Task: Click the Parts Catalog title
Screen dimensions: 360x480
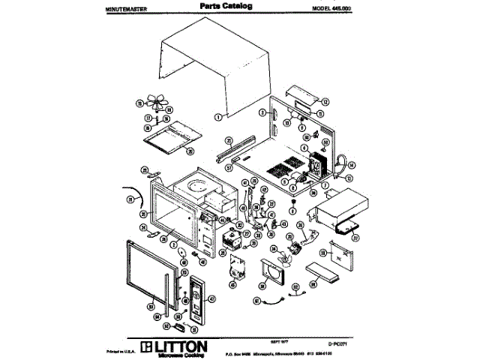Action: pyautogui.click(x=226, y=6)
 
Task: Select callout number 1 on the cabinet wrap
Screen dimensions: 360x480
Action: pyautogui.click(x=217, y=116)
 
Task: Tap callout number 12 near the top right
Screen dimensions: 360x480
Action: pyautogui.click(x=326, y=100)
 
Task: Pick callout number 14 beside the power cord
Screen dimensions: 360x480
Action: pyautogui.click(x=351, y=164)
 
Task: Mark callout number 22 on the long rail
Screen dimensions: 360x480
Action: pyautogui.click(x=229, y=139)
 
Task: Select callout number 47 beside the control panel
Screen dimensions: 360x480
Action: pyautogui.click(x=211, y=298)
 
